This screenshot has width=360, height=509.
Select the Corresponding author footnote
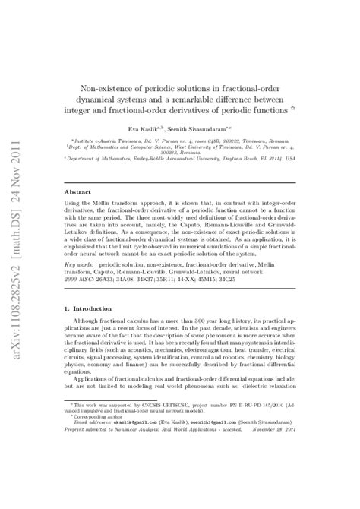click(96, 460)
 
